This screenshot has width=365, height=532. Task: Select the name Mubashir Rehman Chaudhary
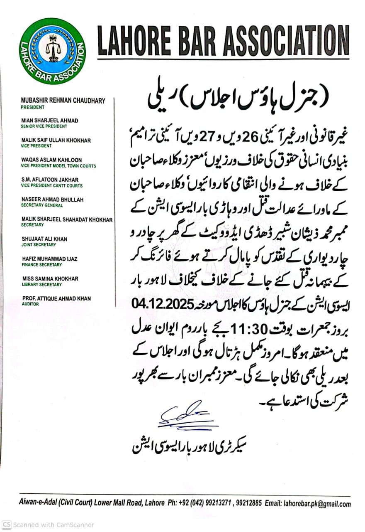[x=63, y=101]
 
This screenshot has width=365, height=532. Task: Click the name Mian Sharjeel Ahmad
[x=49, y=121]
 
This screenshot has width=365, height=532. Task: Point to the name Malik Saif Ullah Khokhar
[x=56, y=140]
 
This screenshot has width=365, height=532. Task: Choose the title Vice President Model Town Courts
[x=58, y=166]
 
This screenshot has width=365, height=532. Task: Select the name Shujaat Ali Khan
[x=44, y=239]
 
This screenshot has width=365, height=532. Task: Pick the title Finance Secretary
[x=41, y=265]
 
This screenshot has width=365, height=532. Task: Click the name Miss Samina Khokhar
[x=50, y=278]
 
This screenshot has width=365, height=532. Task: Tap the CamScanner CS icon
[x=7, y=525]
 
